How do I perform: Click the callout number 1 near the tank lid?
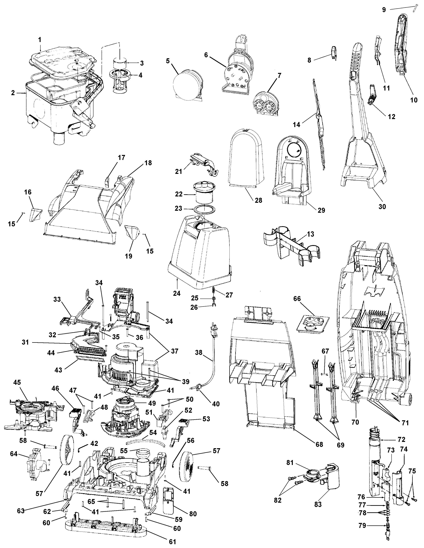click(40, 40)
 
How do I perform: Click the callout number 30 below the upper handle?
click(382, 207)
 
